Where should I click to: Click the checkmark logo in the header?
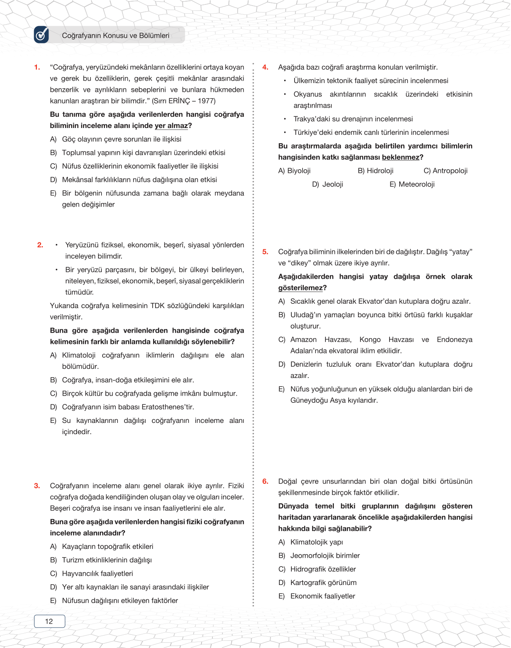[42, 35]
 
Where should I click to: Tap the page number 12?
[49, 621]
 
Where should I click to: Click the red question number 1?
[37, 67]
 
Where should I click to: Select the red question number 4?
[265, 67]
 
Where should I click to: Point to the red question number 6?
[265, 481]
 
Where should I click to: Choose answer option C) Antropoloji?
[445, 171]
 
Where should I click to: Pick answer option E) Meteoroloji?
[412, 185]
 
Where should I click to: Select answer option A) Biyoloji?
[295, 171]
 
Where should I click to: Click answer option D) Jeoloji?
[328, 185]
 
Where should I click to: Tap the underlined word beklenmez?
[400, 157]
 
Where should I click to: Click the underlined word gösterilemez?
[301, 288]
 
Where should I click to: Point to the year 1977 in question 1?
[207, 101]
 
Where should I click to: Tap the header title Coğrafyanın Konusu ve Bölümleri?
[115, 36]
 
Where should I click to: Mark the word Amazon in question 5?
[303, 340]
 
